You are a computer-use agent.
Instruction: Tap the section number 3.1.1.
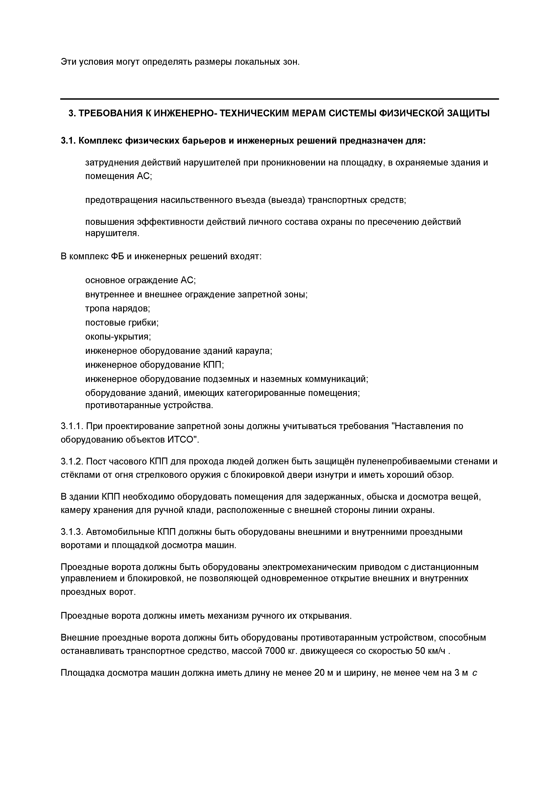tap(72, 426)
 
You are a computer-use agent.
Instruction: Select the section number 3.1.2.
tap(72, 461)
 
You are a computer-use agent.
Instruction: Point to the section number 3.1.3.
tap(72, 532)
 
